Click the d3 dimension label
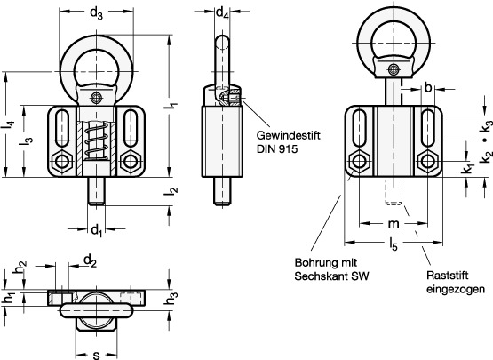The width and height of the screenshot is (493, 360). (x=96, y=13)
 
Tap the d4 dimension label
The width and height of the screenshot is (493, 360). (x=222, y=13)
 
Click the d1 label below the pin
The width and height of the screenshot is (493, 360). (x=96, y=230)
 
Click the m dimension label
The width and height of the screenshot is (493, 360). (x=394, y=224)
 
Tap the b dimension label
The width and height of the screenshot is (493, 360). (x=428, y=88)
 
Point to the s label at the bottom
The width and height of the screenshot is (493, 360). (x=97, y=355)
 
